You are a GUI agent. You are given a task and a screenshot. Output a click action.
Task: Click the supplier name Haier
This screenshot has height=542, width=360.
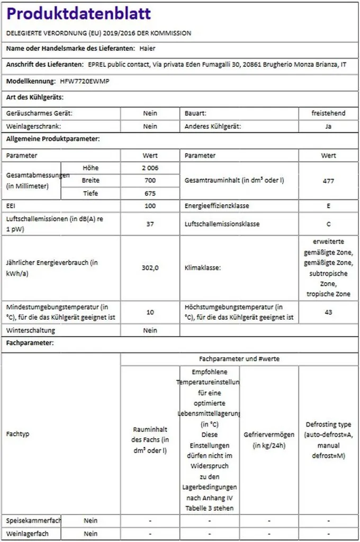(147, 49)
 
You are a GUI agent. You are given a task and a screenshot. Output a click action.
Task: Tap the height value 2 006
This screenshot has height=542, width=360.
(150, 168)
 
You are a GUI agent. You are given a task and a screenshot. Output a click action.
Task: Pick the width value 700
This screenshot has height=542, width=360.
(150, 180)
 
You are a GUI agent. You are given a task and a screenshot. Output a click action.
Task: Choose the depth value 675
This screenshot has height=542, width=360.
(150, 193)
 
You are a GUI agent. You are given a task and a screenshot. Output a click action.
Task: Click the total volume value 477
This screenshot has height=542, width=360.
(328, 180)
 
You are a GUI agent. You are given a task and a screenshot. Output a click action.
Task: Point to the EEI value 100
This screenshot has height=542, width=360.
(150, 205)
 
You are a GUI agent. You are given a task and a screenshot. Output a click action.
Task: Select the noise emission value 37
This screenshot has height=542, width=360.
(150, 224)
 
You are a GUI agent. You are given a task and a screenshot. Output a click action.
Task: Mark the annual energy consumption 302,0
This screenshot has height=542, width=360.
(150, 267)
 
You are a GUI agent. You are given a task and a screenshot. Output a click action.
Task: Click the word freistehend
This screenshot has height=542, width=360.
(328, 113)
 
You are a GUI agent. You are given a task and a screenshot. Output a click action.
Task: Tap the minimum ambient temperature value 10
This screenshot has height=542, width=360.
(150, 312)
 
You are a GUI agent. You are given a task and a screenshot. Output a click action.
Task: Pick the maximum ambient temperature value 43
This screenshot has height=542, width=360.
(328, 312)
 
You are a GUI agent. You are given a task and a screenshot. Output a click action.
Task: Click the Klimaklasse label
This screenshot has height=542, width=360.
(203, 267)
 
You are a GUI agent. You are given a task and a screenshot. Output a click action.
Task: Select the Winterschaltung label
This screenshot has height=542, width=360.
(31, 330)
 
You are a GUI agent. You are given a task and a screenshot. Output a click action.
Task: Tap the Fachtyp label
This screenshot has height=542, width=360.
(17, 434)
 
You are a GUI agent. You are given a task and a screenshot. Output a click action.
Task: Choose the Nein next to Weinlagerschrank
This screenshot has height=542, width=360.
(150, 127)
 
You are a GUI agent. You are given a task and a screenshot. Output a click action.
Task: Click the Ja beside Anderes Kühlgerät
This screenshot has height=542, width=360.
(328, 127)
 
